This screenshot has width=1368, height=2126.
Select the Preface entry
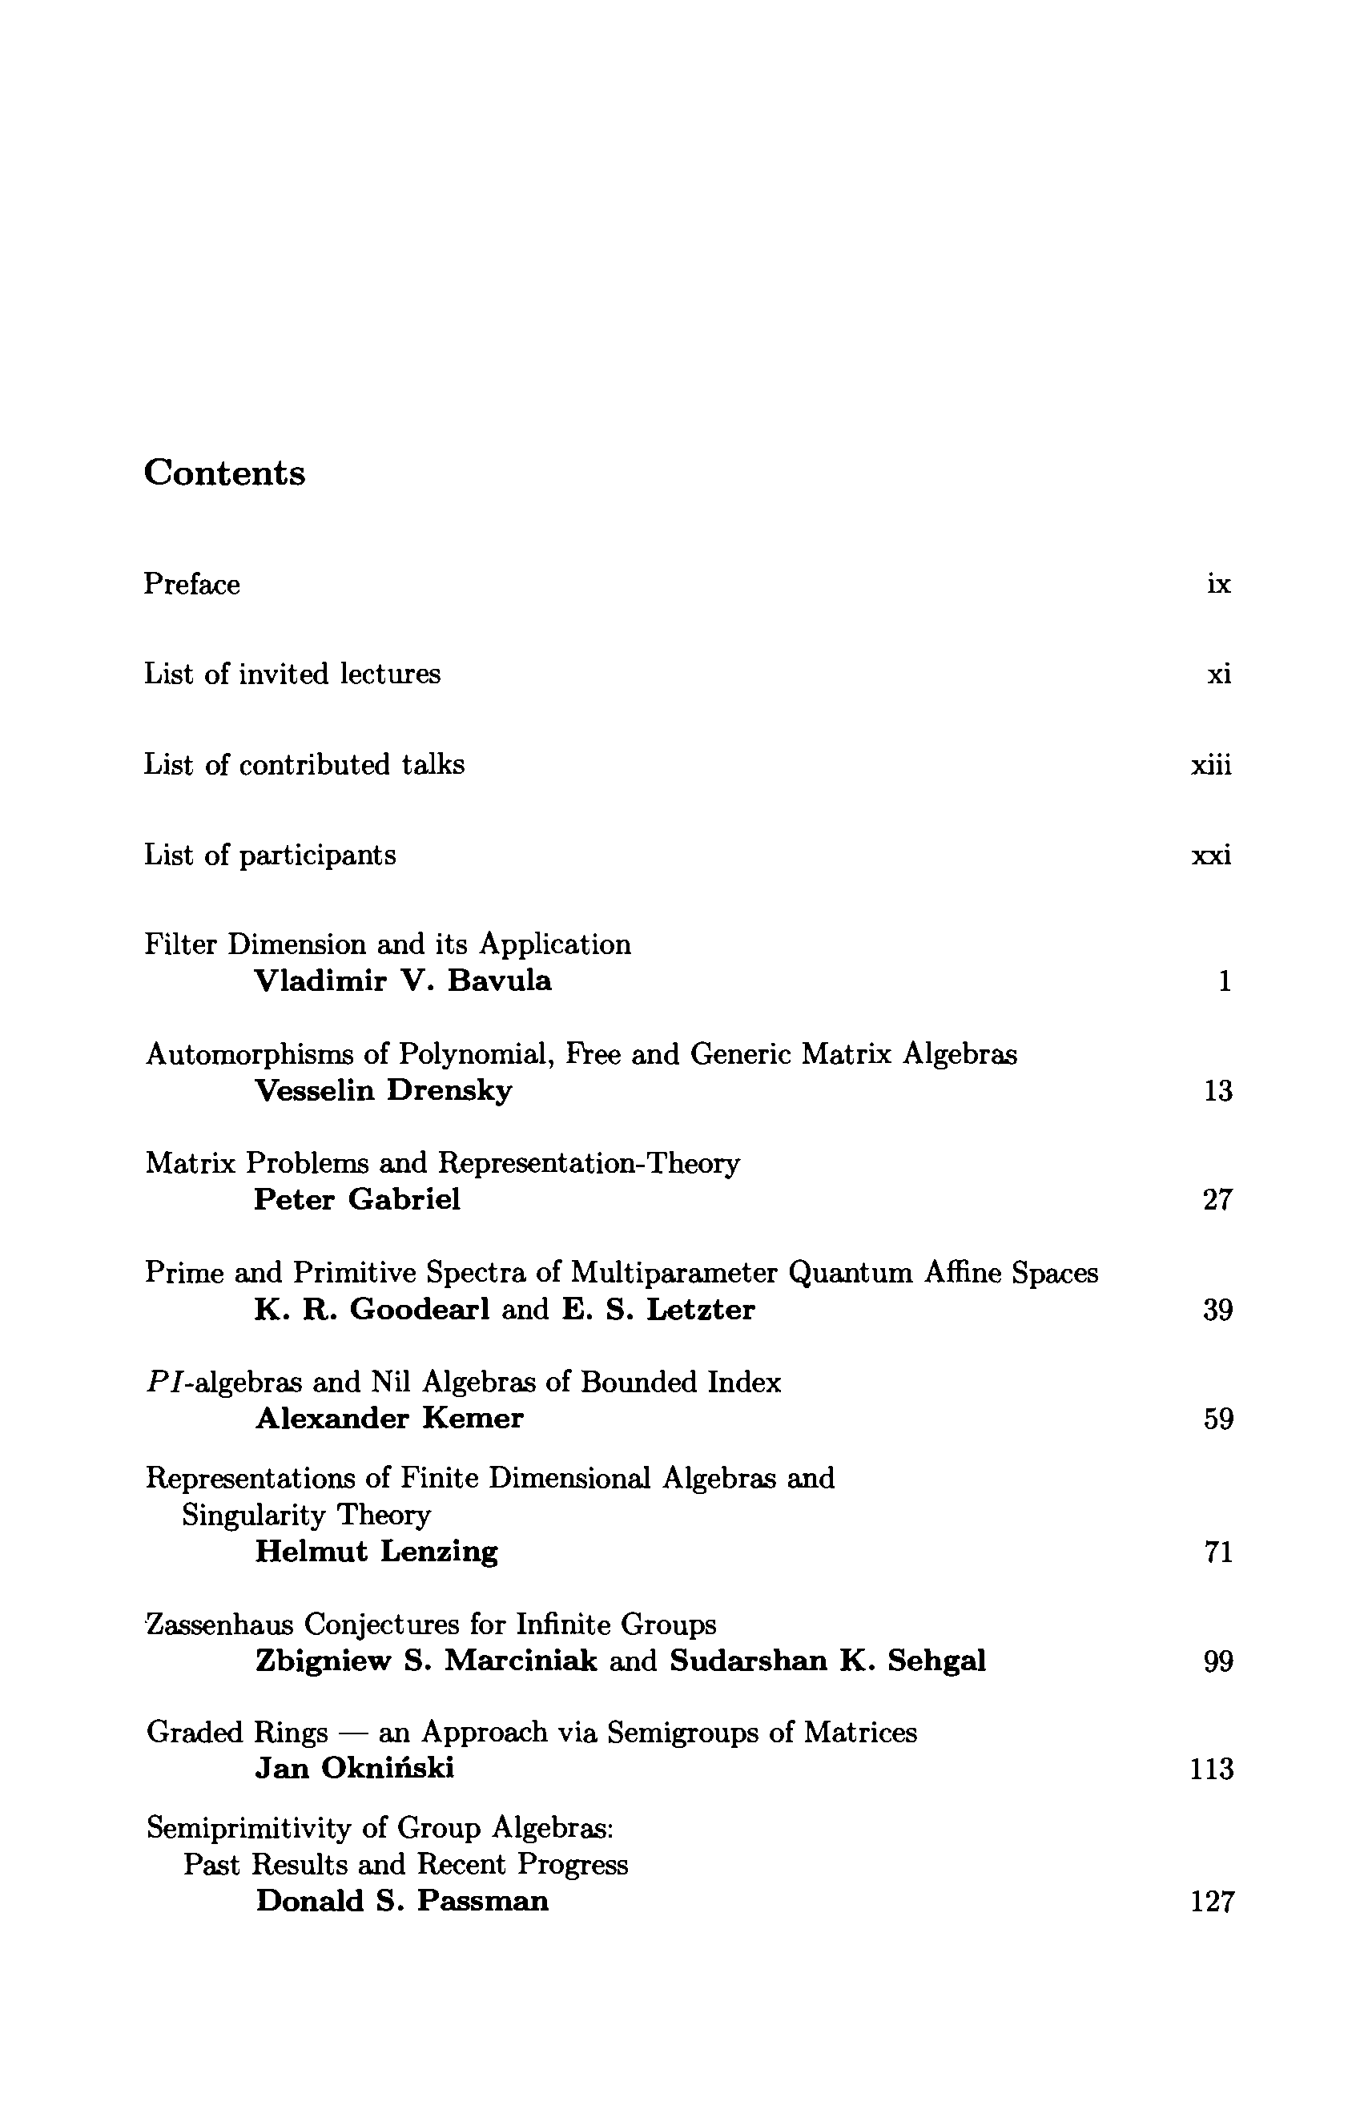click(192, 585)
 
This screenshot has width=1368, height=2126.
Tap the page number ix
click(1219, 585)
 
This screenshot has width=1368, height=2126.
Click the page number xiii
click(1212, 765)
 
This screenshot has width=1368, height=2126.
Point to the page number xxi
click(1212, 856)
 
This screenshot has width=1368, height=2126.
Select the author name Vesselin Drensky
click(383, 1090)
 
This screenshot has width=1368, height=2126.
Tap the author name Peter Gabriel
click(357, 1199)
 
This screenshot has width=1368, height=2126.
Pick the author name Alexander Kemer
click(389, 1419)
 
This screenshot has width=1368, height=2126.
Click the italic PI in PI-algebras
click(163, 1383)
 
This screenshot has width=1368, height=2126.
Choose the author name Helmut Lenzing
click(376, 1552)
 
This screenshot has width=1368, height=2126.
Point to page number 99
click(1218, 1661)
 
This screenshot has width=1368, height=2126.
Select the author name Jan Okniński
click(355, 1769)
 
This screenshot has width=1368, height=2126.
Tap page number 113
click(1212, 1770)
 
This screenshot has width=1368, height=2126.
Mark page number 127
click(1212, 1903)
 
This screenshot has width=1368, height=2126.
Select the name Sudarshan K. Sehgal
click(828, 1661)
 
